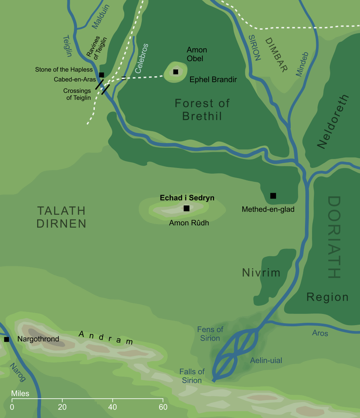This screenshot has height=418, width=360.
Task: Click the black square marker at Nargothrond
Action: pyautogui.click(x=6, y=339)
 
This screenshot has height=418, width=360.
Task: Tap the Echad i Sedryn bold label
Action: pyautogui.click(x=187, y=198)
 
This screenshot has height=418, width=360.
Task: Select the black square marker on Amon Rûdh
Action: pyautogui.click(x=187, y=208)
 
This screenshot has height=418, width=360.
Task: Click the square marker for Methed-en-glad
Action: pyautogui.click(x=273, y=196)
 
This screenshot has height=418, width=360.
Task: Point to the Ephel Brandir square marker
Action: pyautogui.click(x=176, y=72)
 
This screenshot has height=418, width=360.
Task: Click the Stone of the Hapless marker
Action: pyautogui.click(x=101, y=75)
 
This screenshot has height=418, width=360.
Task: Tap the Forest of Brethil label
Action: pyautogui.click(x=202, y=110)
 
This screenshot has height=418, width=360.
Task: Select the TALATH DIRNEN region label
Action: pyautogui.click(x=61, y=217)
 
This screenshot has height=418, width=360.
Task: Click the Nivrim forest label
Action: pyautogui.click(x=261, y=273)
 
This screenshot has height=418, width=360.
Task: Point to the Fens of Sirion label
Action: pyautogui.click(x=210, y=334)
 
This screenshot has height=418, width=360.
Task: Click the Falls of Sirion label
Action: pyautogui.click(x=192, y=376)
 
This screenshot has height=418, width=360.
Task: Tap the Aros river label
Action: pyautogui.click(x=320, y=333)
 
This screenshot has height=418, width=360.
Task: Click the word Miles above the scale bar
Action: pyautogui.click(x=20, y=394)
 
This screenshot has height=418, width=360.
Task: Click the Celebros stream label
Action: pyautogui.click(x=142, y=58)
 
